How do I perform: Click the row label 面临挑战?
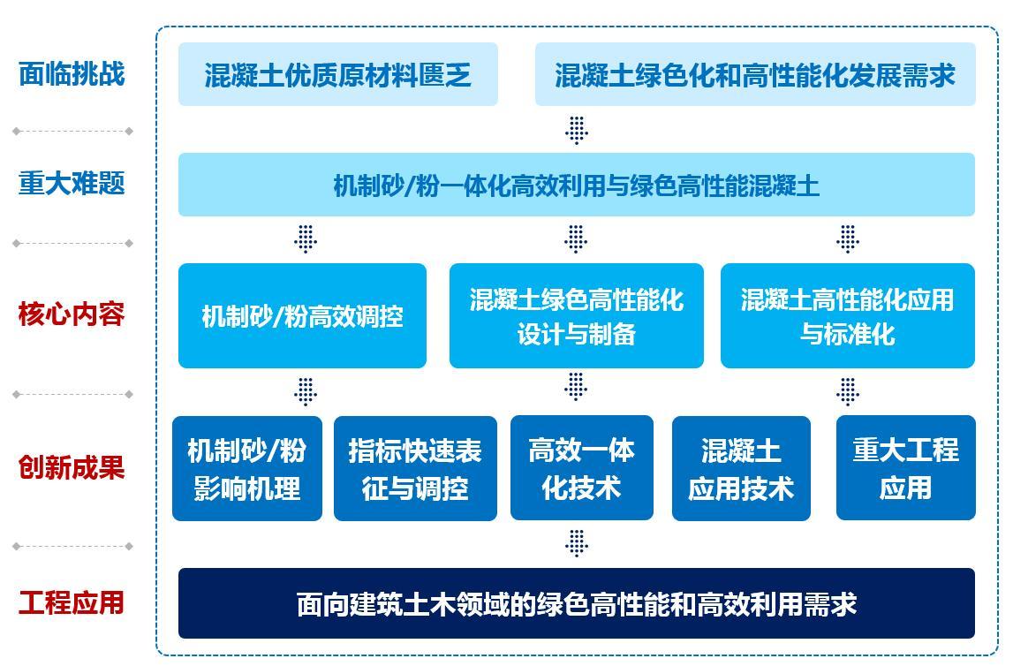(x=72, y=73)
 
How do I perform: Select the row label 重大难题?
(x=72, y=183)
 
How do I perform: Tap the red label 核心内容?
(x=72, y=314)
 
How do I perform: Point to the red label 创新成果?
(x=72, y=467)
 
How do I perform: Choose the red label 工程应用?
(x=72, y=602)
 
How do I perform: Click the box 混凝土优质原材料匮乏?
(x=338, y=74)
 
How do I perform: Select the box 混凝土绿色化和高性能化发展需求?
(x=755, y=74)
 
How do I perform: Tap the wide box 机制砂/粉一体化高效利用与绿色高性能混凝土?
(x=577, y=185)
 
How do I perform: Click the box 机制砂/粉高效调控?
(x=302, y=316)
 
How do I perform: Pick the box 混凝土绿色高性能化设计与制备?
(x=577, y=316)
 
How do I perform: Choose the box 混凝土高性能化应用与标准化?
(x=848, y=316)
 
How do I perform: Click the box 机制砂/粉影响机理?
(x=246, y=468)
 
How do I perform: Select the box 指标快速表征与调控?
(x=415, y=468)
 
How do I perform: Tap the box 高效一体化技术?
(x=581, y=468)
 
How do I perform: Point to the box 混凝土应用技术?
(x=741, y=468)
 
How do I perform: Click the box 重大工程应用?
(x=906, y=468)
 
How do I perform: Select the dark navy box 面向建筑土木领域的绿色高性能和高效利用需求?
(x=577, y=603)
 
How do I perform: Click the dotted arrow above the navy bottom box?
(x=577, y=543)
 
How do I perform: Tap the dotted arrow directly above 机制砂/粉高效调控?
(x=306, y=239)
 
